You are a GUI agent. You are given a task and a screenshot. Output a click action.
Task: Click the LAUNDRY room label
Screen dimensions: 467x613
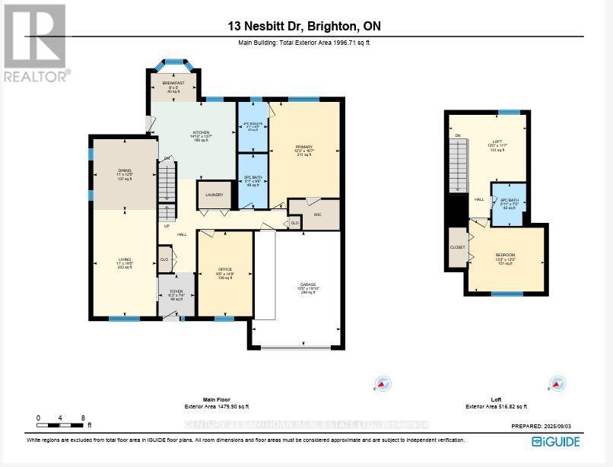pos(214,195)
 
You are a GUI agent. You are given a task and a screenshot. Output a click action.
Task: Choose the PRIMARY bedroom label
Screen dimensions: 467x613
pos(304,147)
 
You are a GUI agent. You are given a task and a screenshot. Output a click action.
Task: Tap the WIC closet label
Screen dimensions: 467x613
pos(318,215)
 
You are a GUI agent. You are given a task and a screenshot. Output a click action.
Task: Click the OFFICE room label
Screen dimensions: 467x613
pos(224,268)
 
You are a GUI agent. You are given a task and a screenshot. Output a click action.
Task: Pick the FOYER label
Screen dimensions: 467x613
pos(176,291)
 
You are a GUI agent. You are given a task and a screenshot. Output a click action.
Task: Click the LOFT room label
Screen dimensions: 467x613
pos(497,141)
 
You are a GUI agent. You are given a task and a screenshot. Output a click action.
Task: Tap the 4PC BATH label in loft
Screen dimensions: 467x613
pos(508,200)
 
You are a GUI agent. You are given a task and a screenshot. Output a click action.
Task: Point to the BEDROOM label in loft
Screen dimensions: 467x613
pos(506,254)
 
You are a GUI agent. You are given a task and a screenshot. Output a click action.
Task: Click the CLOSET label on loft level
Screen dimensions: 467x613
pos(458,247)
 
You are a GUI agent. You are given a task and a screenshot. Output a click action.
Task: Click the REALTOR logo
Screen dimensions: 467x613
pos(36,43)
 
